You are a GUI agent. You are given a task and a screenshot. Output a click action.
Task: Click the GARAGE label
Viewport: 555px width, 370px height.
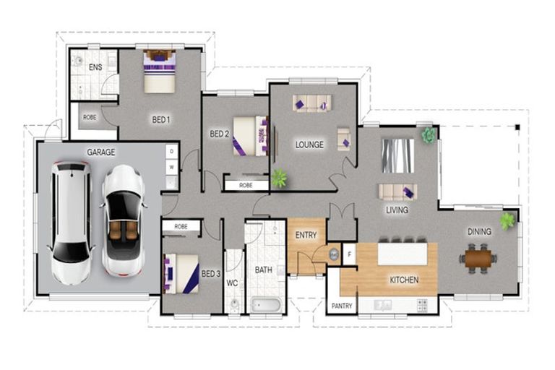tap(101, 152)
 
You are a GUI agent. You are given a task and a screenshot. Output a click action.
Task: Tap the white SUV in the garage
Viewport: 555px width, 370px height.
tap(71, 222)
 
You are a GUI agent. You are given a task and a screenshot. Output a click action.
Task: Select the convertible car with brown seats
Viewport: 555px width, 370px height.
tap(122, 220)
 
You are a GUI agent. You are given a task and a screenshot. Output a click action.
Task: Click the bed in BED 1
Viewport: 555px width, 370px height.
tap(160, 71)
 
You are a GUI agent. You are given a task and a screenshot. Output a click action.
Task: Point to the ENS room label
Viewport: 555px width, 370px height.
tap(95, 67)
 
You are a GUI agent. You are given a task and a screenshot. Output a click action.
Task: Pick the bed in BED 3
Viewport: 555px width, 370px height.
tap(181, 274)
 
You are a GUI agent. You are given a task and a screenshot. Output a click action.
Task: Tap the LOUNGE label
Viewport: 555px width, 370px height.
tap(309, 145)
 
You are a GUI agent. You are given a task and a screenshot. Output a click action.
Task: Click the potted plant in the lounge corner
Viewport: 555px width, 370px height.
tap(278, 177)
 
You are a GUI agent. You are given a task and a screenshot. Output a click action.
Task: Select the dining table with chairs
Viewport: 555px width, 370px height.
tap(478, 257)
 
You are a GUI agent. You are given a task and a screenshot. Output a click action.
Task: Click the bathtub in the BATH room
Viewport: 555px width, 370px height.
tap(267, 305)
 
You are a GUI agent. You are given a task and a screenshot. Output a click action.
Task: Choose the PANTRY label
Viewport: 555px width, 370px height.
tap(342, 306)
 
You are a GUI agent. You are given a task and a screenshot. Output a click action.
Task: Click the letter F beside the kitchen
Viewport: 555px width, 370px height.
tap(348, 254)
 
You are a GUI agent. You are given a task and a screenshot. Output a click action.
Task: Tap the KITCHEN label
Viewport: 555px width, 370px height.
tap(404, 280)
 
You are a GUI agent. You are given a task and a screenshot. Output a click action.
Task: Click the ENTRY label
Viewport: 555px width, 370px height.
tap(306, 236)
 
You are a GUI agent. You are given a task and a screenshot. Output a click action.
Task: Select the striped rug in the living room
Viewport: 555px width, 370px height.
tap(397, 155)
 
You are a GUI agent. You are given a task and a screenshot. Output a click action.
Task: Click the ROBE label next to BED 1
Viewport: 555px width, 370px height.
tap(90, 117)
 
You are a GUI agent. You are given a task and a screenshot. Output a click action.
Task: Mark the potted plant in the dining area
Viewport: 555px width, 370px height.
tap(507, 220)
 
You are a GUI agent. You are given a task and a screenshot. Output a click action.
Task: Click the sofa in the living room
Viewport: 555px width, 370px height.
tap(397, 192)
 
